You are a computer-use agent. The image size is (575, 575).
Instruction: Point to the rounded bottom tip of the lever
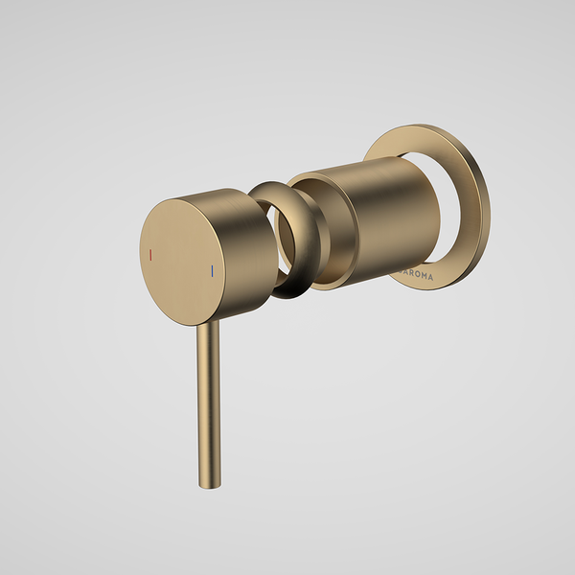pyautogui.click(x=204, y=484)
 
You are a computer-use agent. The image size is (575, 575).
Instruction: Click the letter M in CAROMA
pyautogui.click(x=424, y=276)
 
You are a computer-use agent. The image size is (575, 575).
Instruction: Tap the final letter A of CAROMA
pyautogui.click(x=431, y=276)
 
